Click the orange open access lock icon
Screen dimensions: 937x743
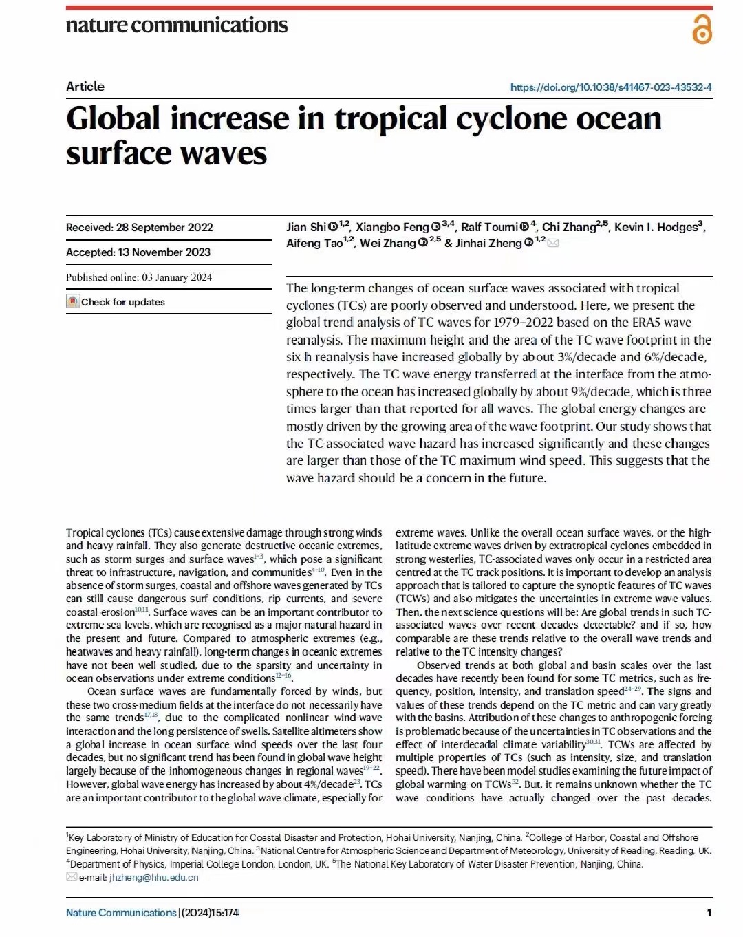702,30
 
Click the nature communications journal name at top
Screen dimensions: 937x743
177,25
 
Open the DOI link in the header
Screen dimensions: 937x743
611,87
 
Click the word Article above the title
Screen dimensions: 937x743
85,87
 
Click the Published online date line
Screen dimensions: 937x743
139,277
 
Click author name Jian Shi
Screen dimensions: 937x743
306,227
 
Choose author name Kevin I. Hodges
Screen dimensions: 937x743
656,227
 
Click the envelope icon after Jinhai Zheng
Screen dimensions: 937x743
553,243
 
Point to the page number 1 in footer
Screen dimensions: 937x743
709,913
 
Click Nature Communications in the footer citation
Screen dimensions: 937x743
121,913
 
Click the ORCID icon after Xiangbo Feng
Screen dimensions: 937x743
435,227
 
